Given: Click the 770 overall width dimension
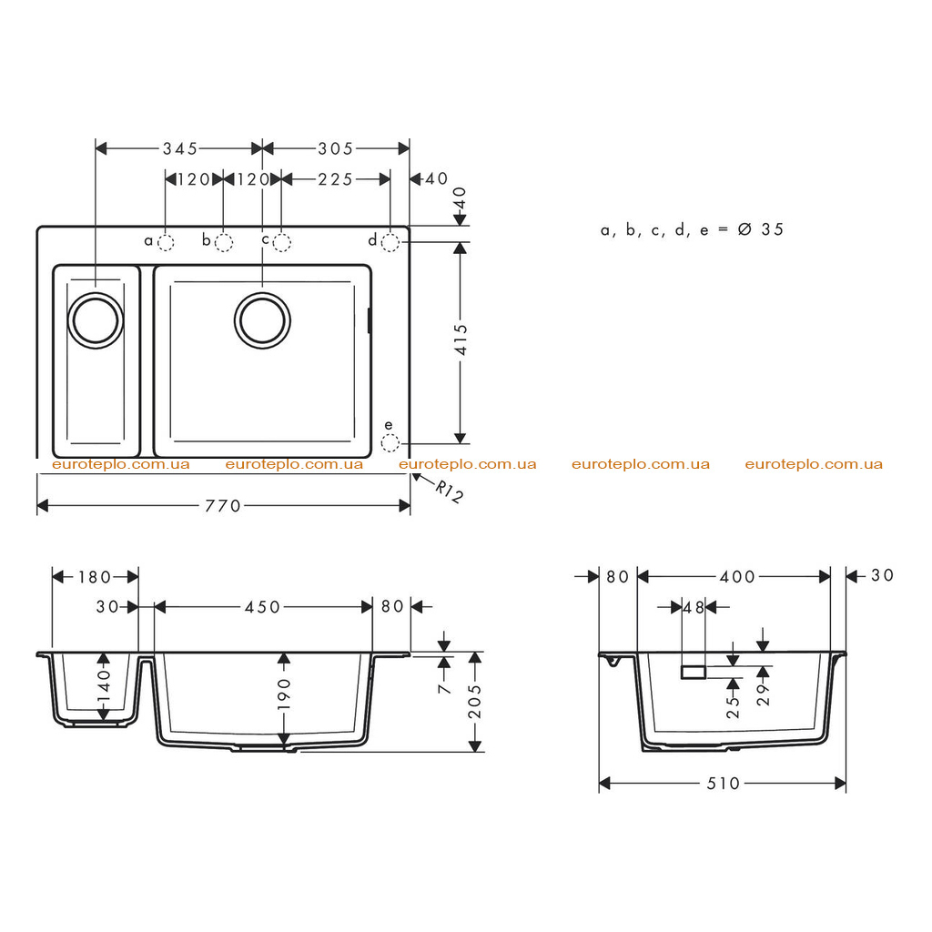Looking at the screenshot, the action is point(223,506).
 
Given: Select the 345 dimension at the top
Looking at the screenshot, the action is point(180,148).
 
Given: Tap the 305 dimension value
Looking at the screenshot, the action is point(335,148).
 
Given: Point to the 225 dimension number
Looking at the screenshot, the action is point(335,179).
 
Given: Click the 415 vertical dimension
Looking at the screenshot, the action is point(461,340).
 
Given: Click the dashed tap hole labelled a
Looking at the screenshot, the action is point(166,242).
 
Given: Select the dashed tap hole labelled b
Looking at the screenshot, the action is point(224,242).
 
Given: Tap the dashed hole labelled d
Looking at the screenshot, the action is point(390,242).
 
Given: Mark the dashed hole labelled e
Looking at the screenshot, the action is point(390,443).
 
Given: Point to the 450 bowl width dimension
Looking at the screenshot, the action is point(262,607).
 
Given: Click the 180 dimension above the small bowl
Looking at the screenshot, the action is point(95,576).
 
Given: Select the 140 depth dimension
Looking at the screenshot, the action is point(104,686).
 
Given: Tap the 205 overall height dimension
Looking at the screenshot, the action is point(475,702).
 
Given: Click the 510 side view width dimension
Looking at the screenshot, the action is point(723,784).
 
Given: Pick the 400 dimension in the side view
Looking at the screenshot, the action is point(737,576).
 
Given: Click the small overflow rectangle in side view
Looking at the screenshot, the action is point(694,673).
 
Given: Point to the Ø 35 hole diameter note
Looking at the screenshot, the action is point(761,229).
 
